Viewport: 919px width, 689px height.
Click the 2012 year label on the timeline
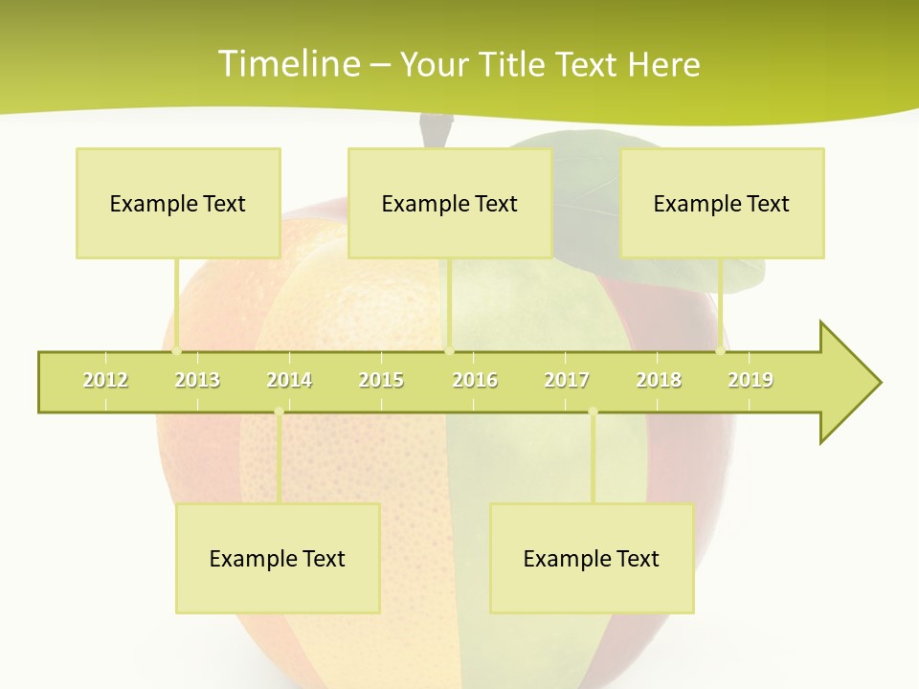click(105, 380)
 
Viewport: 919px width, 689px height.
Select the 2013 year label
click(197, 380)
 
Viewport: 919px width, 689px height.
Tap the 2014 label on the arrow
click(289, 380)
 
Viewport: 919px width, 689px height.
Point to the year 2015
click(381, 380)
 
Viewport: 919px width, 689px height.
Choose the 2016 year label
click(475, 380)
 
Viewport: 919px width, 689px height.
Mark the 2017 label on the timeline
click(567, 380)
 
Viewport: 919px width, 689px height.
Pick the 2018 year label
click(659, 380)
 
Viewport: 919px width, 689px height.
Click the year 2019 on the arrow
click(751, 380)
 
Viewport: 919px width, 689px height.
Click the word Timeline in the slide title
click(288, 64)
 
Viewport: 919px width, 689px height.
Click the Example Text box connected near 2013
click(178, 203)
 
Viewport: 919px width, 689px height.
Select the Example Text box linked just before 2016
click(450, 203)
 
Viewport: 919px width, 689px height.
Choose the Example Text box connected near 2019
click(722, 203)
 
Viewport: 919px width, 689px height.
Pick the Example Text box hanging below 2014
click(278, 558)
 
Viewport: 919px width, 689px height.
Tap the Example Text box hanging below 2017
click(592, 558)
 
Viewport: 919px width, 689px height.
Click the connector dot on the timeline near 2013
click(176, 351)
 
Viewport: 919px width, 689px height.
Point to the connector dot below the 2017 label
click(593, 411)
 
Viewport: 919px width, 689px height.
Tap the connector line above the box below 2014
click(279, 459)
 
